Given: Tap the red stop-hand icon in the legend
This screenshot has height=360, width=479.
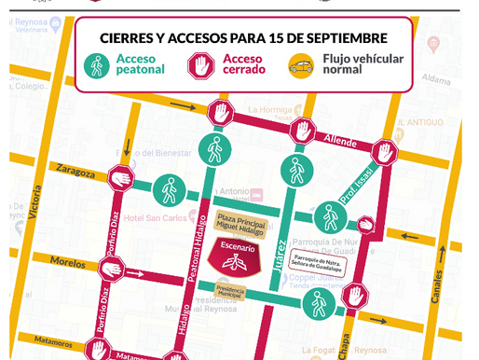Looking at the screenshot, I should (200, 65).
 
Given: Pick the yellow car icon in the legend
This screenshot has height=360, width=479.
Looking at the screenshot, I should (301, 65).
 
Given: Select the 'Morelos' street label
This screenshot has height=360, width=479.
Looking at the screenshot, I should (67, 262).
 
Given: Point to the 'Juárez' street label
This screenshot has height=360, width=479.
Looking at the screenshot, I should (279, 254).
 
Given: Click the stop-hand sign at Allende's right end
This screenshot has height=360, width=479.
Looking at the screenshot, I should (385, 151).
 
